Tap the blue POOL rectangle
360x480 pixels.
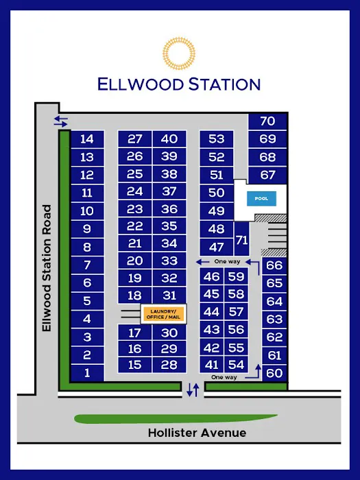coord(261,199)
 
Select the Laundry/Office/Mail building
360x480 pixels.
coord(163,313)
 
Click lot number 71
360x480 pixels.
coord(241,240)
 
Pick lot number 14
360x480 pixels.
coord(87,139)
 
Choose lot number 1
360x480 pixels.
coord(87,373)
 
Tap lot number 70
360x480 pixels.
coord(267,121)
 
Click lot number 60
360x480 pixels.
coord(274,373)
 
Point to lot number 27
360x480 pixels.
coord(135,139)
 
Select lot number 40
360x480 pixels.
coord(169,139)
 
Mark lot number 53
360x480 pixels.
coord(217,139)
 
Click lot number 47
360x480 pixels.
coord(217,247)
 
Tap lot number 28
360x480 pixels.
coord(169,365)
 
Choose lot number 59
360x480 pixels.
coord(237,276)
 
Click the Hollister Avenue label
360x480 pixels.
coord(197,433)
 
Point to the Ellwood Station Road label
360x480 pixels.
coord(47,268)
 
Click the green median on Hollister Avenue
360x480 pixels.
coord(175,418)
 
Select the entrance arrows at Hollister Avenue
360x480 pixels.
coord(193,390)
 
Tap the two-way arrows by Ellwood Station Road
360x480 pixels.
coord(61,121)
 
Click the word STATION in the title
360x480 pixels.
coord(219,84)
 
